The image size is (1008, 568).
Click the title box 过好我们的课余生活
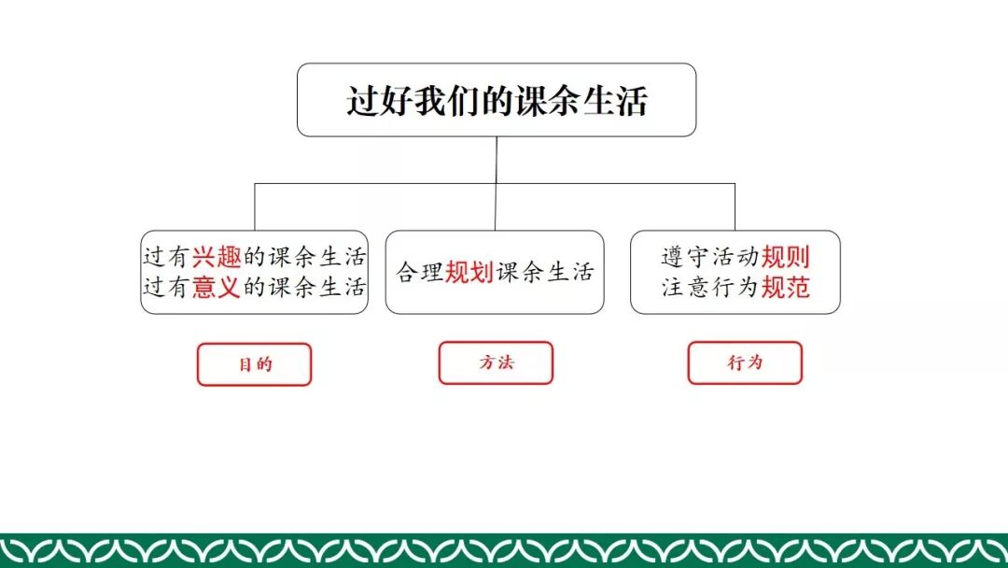(497, 100)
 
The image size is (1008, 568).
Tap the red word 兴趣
(217, 257)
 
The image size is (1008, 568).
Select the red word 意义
(217, 287)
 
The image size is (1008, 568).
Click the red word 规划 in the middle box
(469, 272)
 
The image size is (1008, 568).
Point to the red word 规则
(785, 257)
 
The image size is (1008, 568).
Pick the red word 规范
(785, 287)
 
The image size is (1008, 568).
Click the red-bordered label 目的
(254, 364)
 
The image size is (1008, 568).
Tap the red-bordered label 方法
(496, 362)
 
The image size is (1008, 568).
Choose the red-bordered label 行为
(745, 362)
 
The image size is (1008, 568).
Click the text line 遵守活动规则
(735, 257)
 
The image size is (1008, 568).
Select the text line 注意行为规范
(735, 287)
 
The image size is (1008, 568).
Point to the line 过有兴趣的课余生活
(254, 257)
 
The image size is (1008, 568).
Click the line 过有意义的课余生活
(254, 287)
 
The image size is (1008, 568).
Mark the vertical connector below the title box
(497, 160)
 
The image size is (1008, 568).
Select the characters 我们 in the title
(436, 100)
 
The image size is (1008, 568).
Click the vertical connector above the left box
(255, 206)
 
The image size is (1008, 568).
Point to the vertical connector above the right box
(735, 206)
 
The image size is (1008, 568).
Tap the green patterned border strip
(504, 550)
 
